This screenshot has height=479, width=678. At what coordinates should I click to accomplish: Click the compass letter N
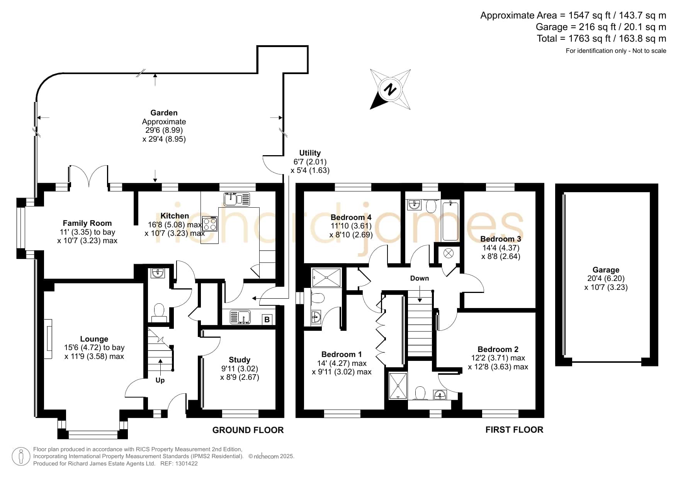pos(390,90)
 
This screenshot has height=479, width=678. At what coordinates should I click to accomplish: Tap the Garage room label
pos(606,270)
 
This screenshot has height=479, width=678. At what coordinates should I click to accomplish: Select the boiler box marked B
pos(267,320)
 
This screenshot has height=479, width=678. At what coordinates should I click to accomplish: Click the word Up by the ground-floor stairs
pos(160,380)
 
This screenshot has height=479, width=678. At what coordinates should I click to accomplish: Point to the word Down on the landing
pos(419,278)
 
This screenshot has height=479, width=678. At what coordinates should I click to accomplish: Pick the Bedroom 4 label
pos(351,217)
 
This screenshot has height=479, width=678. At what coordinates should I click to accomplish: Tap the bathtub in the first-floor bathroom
pos(450,220)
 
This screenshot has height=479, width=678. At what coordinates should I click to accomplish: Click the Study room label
pos(240,360)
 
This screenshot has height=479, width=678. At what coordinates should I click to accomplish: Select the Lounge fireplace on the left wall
pos(48,339)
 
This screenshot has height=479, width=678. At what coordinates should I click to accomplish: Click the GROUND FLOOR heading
pos(248,430)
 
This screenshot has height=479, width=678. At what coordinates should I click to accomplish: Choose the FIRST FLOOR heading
pos(514,430)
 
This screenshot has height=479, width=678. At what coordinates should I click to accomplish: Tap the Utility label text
pos(310,153)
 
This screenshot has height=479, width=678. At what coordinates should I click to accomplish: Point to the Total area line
pos(601,39)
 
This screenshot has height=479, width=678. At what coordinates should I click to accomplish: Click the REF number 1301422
pos(185,464)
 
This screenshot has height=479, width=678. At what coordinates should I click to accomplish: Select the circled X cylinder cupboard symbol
pos(448,254)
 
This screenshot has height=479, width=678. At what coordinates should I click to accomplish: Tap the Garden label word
pos(164,113)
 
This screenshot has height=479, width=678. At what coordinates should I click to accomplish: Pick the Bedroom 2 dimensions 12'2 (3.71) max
pos(498,358)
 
